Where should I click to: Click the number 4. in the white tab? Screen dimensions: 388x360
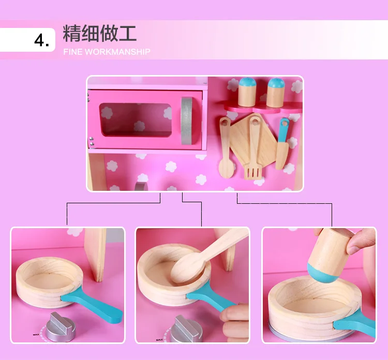pyautogui.click(x=41, y=40)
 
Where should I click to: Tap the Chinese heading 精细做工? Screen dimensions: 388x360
pyautogui.click(x=99, y=33)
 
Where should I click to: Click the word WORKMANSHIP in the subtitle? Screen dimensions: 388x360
pyautogui.click(x=117, y=52)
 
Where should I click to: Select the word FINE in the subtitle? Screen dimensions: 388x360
pyautogui.click(x=73, y=52)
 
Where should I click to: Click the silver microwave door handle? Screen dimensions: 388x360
pyautogui.click(x=187, y=121)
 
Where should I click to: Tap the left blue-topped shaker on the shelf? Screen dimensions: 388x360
pyautogui.click(x=247, y=92)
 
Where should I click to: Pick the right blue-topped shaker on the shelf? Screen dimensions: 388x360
pyautogui.click(x=276, y=93)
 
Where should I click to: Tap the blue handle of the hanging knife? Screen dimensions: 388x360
pyautogui.click(x=283, y=130)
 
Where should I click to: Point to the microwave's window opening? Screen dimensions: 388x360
pyautogui.click(x=136, y=120)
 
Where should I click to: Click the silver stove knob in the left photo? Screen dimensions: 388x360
pyautogui.click(x=61, y=327)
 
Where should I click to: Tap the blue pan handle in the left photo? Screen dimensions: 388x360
pyautogui.click(x=92, y=304)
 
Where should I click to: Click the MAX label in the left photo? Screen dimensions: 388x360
pyautogui.click(x=36, y=335)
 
